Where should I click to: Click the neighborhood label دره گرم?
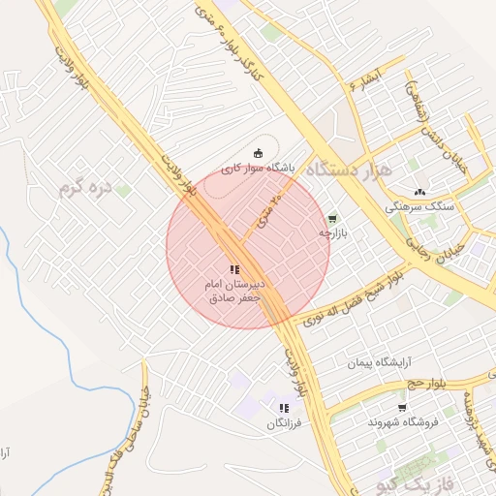tap(88, 187)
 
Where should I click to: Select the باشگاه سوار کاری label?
tap(257, 168)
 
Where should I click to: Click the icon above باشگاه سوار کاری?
tap(258, 152)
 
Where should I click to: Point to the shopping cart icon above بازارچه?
tap(333, 219)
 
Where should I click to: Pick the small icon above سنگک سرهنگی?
tap(419, 192)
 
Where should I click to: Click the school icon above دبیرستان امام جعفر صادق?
tap(233, 269)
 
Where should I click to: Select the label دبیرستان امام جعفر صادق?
tap(233, 292)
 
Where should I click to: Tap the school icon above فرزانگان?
tap(284, 409)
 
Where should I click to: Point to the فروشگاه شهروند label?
tap(403, 422)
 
